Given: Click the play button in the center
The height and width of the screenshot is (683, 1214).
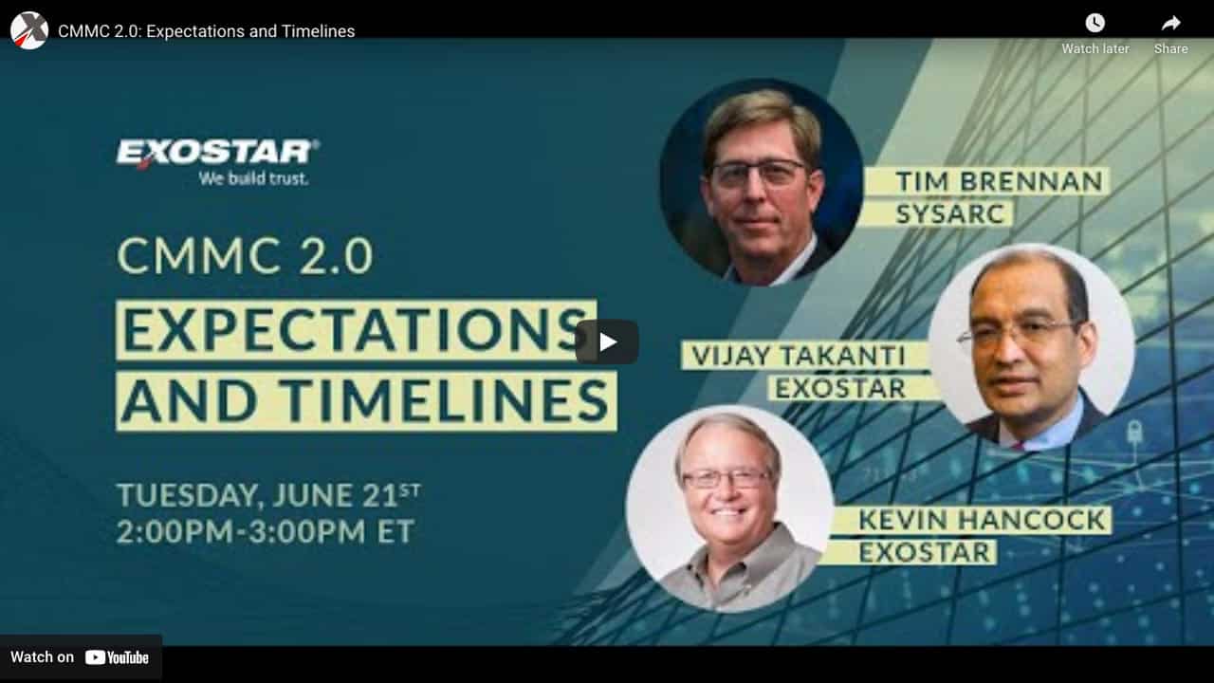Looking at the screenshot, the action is (x=607, y=342).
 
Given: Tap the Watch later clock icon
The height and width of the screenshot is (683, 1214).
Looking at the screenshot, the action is (x=1094, y=24).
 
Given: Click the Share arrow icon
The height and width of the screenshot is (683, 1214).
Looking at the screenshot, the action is (x=1170, y=24).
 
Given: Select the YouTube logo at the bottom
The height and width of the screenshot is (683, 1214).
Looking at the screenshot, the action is (x=117, y=657).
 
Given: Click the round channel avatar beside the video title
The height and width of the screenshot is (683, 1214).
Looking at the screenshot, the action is (x=29, y=31).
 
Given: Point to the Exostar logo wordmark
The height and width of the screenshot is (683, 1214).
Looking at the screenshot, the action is (x=217, y=153).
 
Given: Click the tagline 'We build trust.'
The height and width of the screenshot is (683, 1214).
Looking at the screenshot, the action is (x=253, y=178).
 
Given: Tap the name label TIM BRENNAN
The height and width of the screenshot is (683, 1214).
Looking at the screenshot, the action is (x=999, y=181).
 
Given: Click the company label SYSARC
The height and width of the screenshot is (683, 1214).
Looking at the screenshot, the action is (x=950, y=213).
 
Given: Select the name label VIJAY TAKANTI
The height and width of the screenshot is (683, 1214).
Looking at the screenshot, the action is (x=799, y=356).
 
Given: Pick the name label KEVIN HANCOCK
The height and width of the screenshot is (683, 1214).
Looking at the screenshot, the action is (x=982, y=520).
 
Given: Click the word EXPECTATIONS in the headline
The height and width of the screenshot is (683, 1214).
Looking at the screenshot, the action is (x=356, y=330).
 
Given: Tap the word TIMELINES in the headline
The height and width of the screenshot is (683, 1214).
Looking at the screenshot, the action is (x=447, y=401).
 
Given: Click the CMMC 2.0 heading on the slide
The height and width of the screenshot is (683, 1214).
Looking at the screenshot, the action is (x=245, y=255).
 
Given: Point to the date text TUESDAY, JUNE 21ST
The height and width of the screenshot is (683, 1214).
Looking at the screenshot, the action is (x=268, y=495).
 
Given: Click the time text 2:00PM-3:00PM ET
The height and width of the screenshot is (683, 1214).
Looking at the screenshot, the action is (x=266, y=531).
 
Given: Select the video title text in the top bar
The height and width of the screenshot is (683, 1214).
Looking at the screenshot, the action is (x=207, y=31).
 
